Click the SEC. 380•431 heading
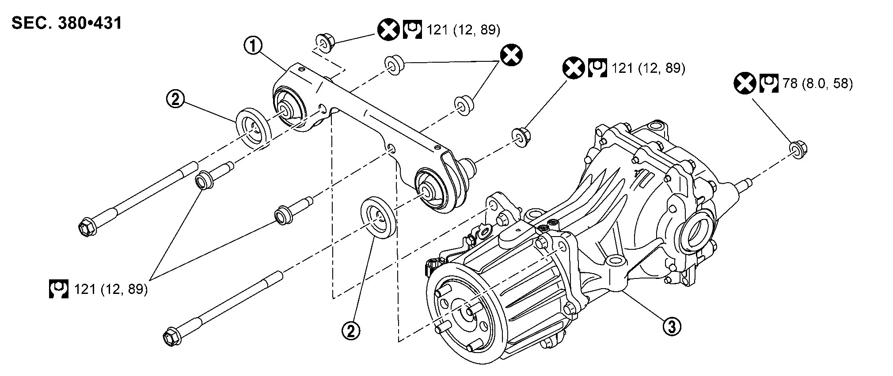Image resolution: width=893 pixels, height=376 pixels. [x=67, y=23]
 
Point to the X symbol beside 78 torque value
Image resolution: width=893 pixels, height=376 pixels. [x=745, y=84]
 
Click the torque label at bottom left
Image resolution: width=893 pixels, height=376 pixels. [x=98, y=289]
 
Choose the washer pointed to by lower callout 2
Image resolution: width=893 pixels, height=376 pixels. [x=378, y=219]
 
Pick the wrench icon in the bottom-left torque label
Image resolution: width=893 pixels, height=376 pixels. [x=58, y=289]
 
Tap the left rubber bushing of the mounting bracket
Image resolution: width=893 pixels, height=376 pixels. [x=288, y=107]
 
